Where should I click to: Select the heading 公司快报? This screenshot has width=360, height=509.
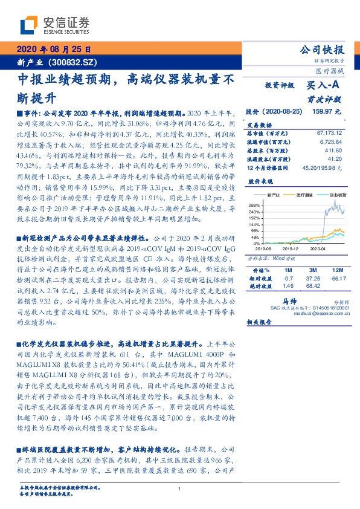point(323,50)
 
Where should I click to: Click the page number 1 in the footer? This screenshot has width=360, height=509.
point(180,488)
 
